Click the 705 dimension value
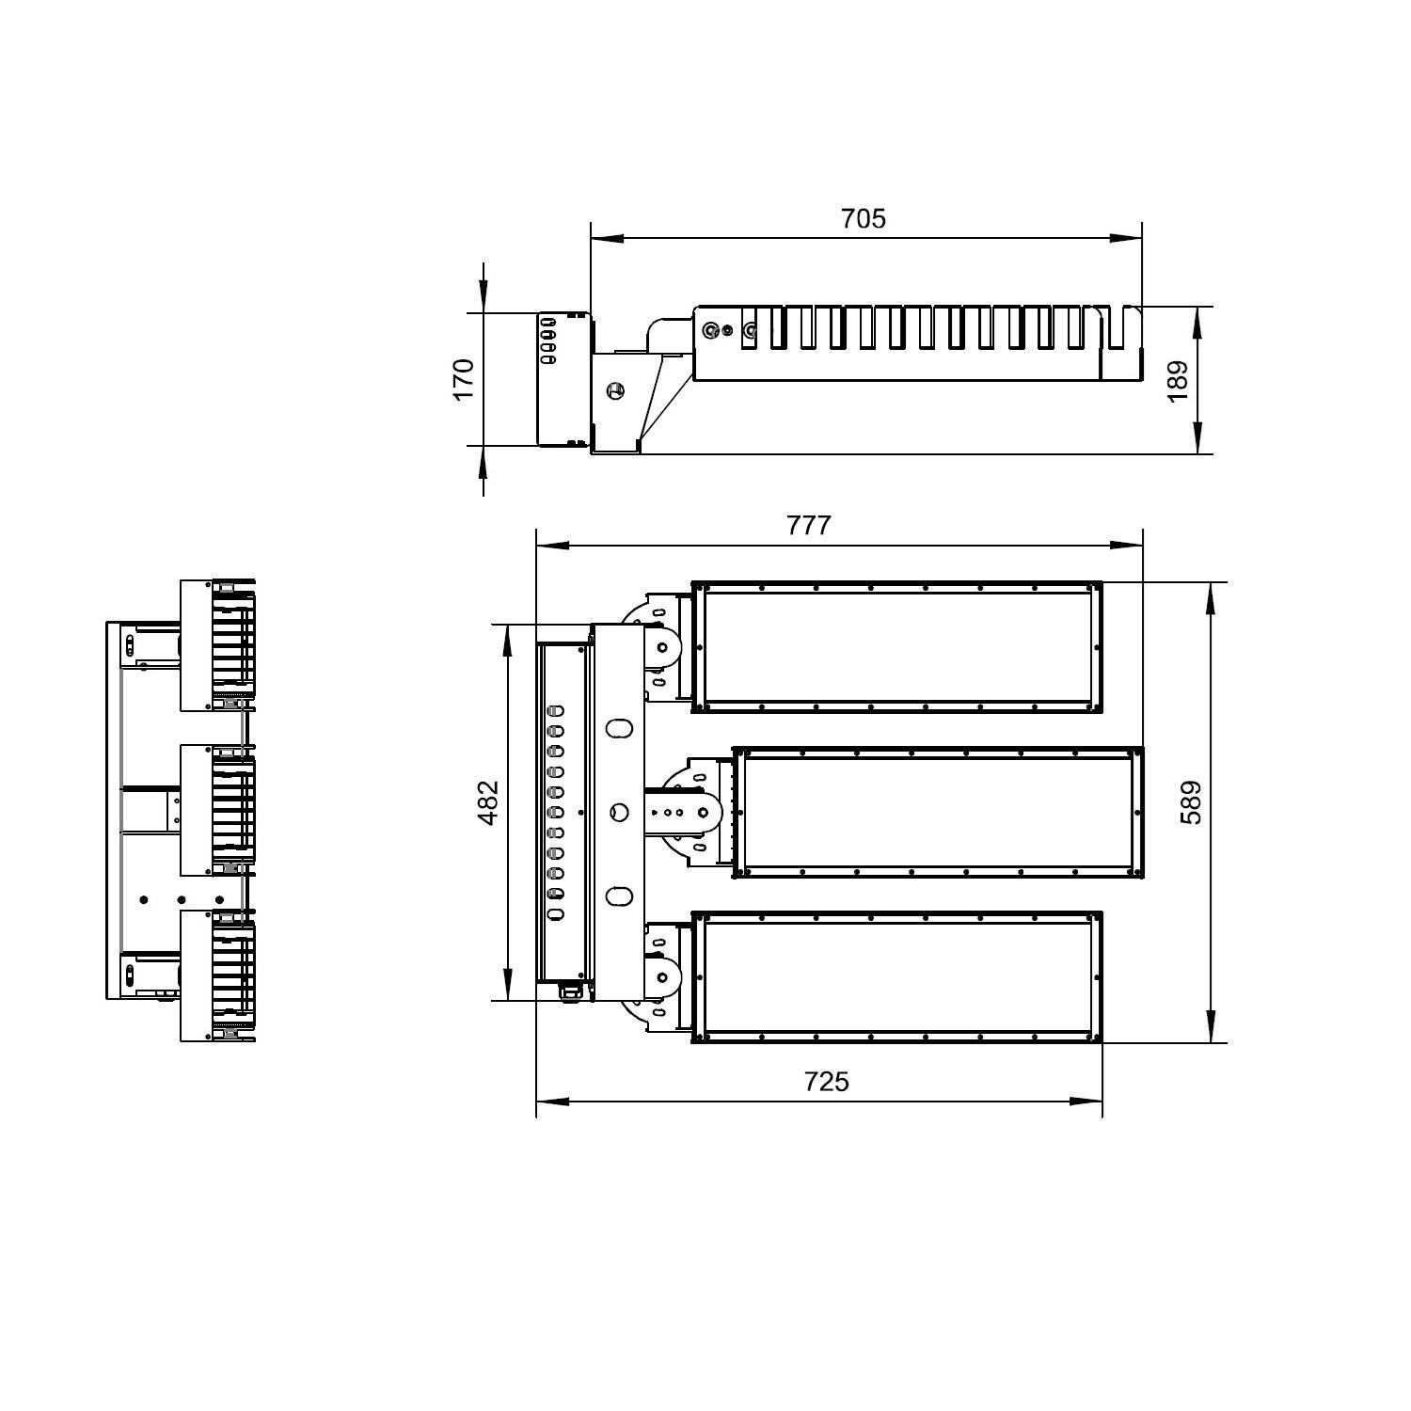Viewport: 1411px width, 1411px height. tap(863, 218)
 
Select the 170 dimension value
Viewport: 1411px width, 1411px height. tap(465, 379)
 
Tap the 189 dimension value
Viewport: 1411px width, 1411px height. tap(1178, 381)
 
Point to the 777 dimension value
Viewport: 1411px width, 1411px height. tap(809, 525)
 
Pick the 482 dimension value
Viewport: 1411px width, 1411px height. tap(488, 802)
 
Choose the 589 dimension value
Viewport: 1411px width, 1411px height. tap(1191, 802)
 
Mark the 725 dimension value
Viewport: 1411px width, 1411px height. tap(826, 1082)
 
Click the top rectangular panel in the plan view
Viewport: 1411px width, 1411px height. tap(897, 647)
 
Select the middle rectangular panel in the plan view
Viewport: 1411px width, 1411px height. tap(938, 813)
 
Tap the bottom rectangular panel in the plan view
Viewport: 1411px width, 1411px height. tap(897, 977)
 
